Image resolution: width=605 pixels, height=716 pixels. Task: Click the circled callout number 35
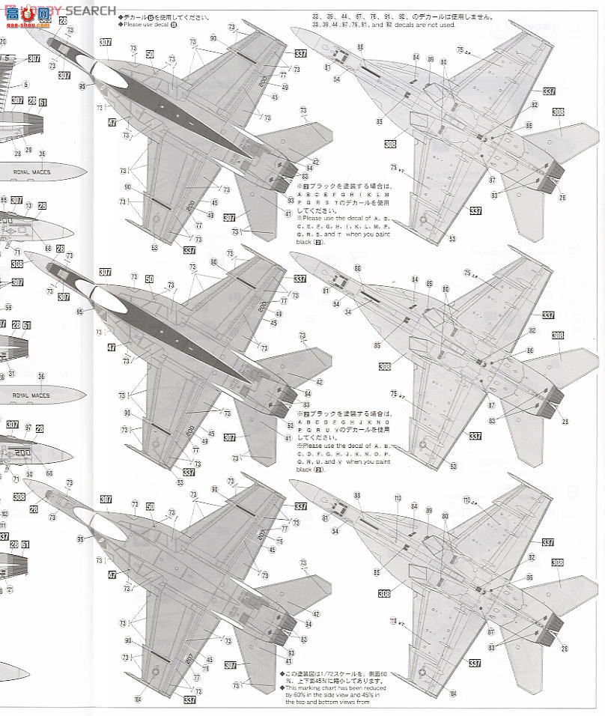click(x=42, y=154)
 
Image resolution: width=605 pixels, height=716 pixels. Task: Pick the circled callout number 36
click(x=42, y=376)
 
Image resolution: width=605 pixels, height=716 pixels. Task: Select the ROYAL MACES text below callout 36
click(x=32, y=395)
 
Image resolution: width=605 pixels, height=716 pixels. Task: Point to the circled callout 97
click(x=28, y=427)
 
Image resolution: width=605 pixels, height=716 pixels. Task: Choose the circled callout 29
click(x=28, y=150)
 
